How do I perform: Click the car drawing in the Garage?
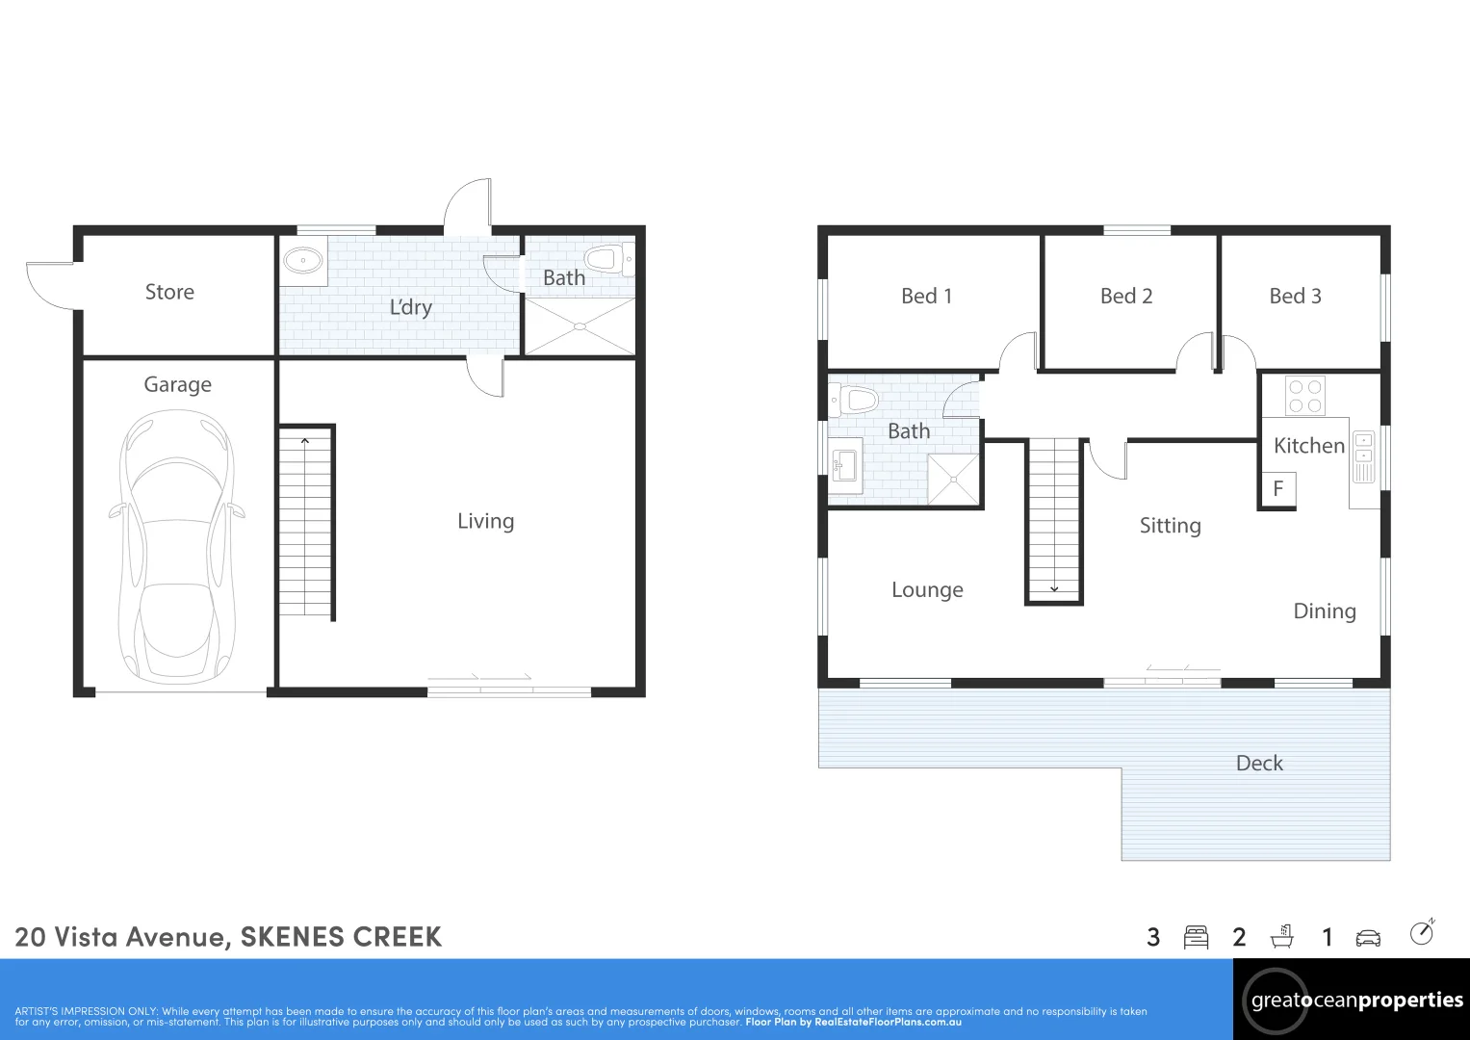coord(177,547)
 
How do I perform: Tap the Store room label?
coord(169,292)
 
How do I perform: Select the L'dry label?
coord(411,307)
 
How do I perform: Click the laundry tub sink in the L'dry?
coord(303,261)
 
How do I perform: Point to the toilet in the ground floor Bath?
coord(609,258)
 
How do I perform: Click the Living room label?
coord(485,521)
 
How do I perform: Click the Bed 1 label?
coord(927,297)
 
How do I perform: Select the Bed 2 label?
coord(1126,297)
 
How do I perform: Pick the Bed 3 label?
coord(1295,297)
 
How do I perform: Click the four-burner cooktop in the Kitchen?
coord(1305,396)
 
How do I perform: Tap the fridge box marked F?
coord(1278,488)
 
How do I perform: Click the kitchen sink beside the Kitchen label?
coord(1364,456)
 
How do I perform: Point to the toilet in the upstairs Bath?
coord(853,399)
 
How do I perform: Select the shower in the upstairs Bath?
coord(954,480)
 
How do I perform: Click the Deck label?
coord(1259,763)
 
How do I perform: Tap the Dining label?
coord(1325,611)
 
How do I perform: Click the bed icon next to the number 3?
coord(1196,937)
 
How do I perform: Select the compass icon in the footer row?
coord(1422,932)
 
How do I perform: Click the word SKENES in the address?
coord(292,937)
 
